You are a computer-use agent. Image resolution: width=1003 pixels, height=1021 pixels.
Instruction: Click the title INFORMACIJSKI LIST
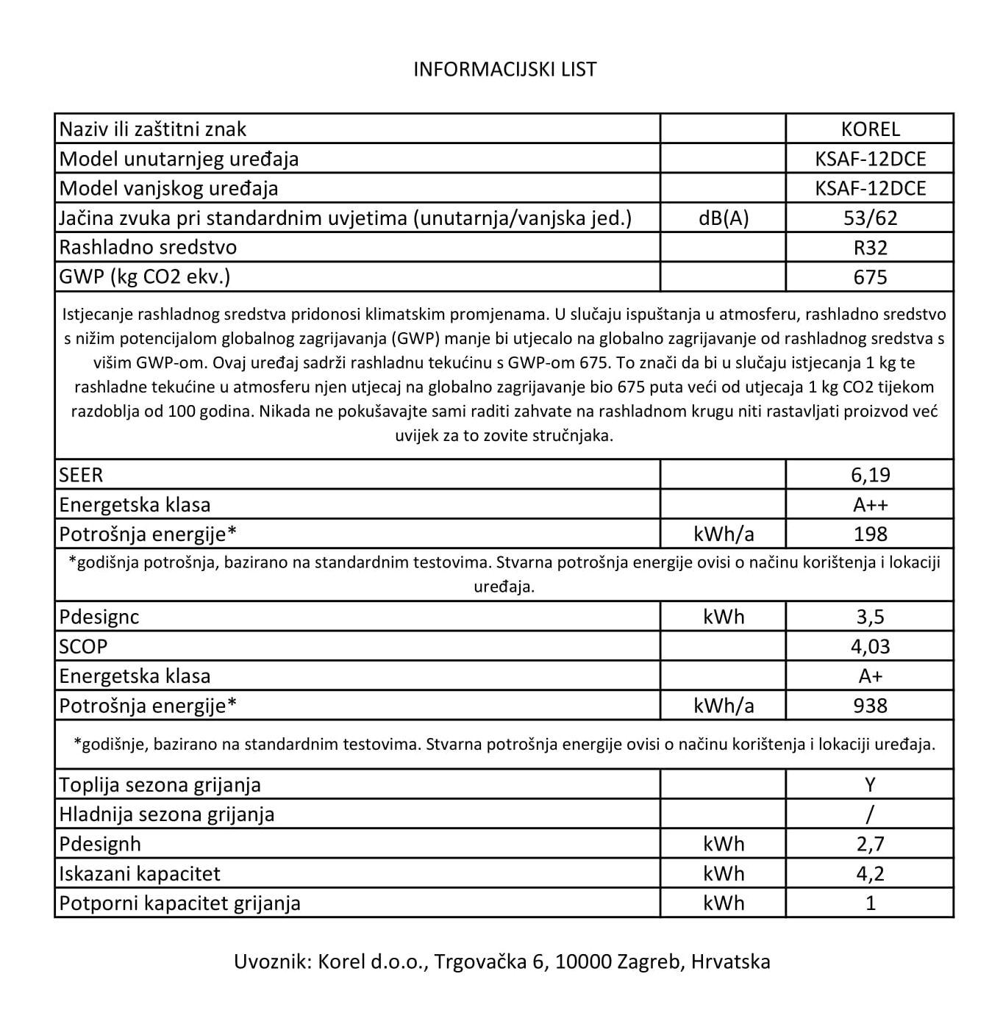[x=504, y=69]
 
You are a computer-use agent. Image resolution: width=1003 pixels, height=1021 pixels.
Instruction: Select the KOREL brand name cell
[x=870, y=129]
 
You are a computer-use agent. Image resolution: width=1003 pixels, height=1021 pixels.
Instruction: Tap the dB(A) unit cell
[x=724, y=218]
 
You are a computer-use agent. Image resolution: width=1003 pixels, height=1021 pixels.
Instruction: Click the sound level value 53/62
[x=870, y=218]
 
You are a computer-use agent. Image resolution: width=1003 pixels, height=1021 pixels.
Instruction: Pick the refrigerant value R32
[x=870, y=248]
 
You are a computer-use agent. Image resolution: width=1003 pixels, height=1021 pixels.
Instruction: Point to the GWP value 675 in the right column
[x=870, y=277]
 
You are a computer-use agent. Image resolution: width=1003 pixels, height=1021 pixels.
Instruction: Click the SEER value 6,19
[x=870, y=475]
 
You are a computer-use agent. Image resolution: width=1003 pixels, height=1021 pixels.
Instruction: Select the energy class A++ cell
[x=870, y=505]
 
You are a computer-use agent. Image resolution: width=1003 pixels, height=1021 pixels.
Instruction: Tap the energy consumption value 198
[x=870, y=534]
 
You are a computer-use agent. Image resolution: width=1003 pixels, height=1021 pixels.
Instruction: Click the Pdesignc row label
[x=99, y=617]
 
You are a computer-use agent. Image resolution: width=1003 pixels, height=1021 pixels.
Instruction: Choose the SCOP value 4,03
[x=870, y=647]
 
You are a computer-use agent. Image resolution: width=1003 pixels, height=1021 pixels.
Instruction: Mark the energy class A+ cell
[x=870, y=676]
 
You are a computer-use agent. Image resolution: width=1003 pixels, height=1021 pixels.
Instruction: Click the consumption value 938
[x=870, y=706]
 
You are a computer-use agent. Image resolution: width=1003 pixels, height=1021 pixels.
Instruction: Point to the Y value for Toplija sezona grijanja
[x=870, y=785]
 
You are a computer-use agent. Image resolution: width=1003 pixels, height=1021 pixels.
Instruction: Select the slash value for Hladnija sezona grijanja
[x=870, y=814]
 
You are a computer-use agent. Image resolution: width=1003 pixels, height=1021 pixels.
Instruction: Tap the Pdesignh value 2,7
[x=870, y=844]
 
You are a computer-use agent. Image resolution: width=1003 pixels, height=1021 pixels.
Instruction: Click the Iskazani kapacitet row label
[x=140, y=874]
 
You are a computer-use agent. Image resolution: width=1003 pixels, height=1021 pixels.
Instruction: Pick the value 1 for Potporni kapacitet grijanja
[x=870, y=903]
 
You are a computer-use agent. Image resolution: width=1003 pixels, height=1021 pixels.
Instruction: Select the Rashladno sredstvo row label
[x=148, y=248]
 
